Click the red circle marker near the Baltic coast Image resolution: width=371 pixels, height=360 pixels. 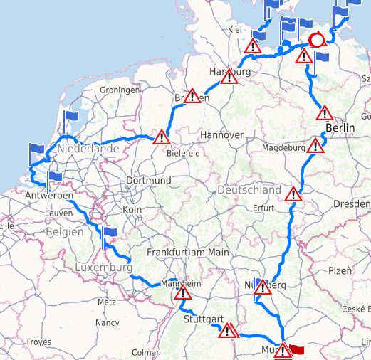pyautogui.click(x=317, y=41)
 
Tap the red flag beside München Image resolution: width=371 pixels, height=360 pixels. pyautogui.click(x=297, y=350)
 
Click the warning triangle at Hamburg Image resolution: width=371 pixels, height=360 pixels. pyautogui.click(x=229, y=77)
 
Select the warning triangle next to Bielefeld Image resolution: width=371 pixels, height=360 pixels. pyautogui.click(x=162, y=137)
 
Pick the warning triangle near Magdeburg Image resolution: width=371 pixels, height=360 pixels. pyautogui.click(x=315, y=146)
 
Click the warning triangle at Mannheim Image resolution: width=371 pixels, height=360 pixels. pyautogui.click(x=183, y=292)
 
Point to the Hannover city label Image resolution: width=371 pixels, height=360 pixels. pyautogui.click(x=221, y=134)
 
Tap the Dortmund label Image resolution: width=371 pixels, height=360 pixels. pyautogui.click(x=148, y=181)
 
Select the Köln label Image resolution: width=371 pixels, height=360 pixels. pyautogui.click(x=132, y=210)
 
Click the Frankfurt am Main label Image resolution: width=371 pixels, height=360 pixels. pyautogui.click(x=188, y=253)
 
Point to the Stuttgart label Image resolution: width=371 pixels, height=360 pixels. pyautogui.click(x=204, y=319)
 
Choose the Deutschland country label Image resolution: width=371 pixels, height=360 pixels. pyautogui.click(x=249, y=191)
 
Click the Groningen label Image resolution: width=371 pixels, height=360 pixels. pyautogui.click(x=120, y=90)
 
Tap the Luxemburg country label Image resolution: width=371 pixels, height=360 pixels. pyautogui.click(x=103, y=268)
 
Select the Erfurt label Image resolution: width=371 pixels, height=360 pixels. pyautogui.click(x=263, y=208)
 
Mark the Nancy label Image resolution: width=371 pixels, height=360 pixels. pyautogui.click(x=108, y=322)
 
